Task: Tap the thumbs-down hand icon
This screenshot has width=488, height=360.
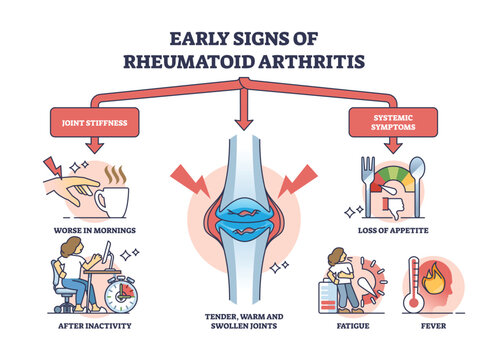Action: click(393, 204)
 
